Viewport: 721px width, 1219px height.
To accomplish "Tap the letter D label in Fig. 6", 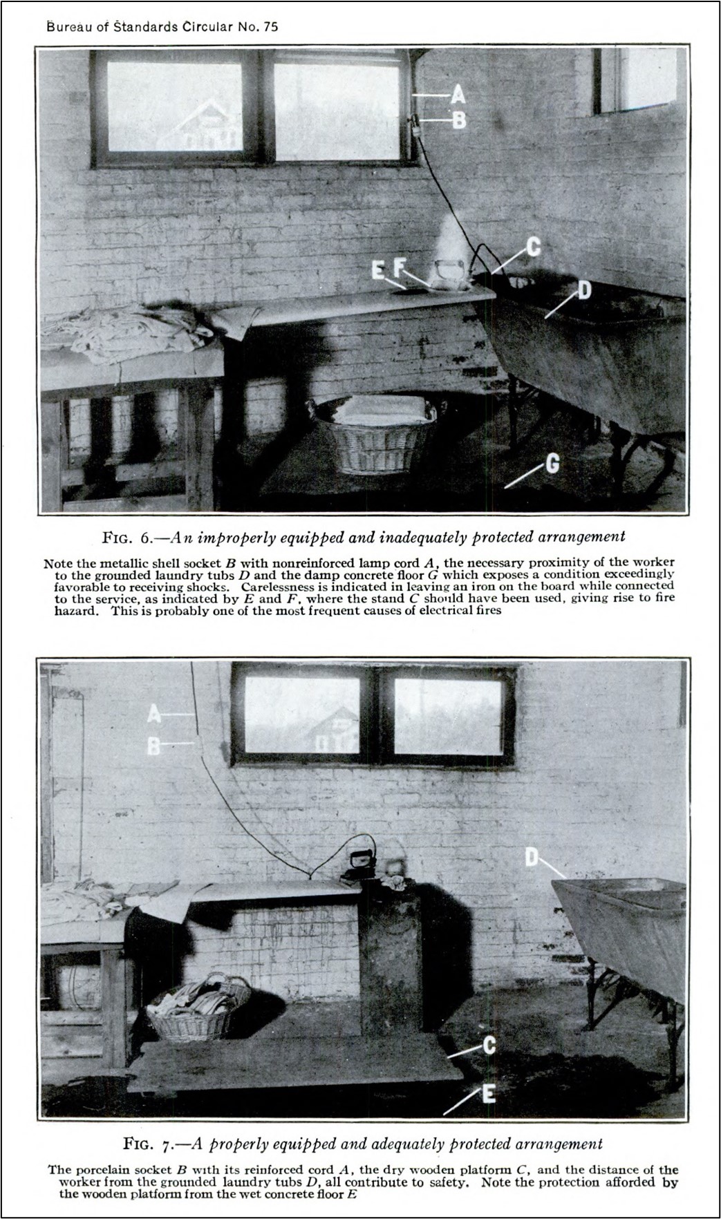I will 583,290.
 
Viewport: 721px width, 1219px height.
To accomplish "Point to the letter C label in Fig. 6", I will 534,247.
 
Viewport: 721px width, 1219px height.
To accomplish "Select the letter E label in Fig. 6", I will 377,270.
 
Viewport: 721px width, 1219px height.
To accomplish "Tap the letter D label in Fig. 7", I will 532,858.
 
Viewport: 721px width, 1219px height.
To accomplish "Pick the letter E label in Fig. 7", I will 488,1094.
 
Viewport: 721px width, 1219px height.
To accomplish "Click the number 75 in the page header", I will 270,27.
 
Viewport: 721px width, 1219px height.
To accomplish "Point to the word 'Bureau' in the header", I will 65,27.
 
